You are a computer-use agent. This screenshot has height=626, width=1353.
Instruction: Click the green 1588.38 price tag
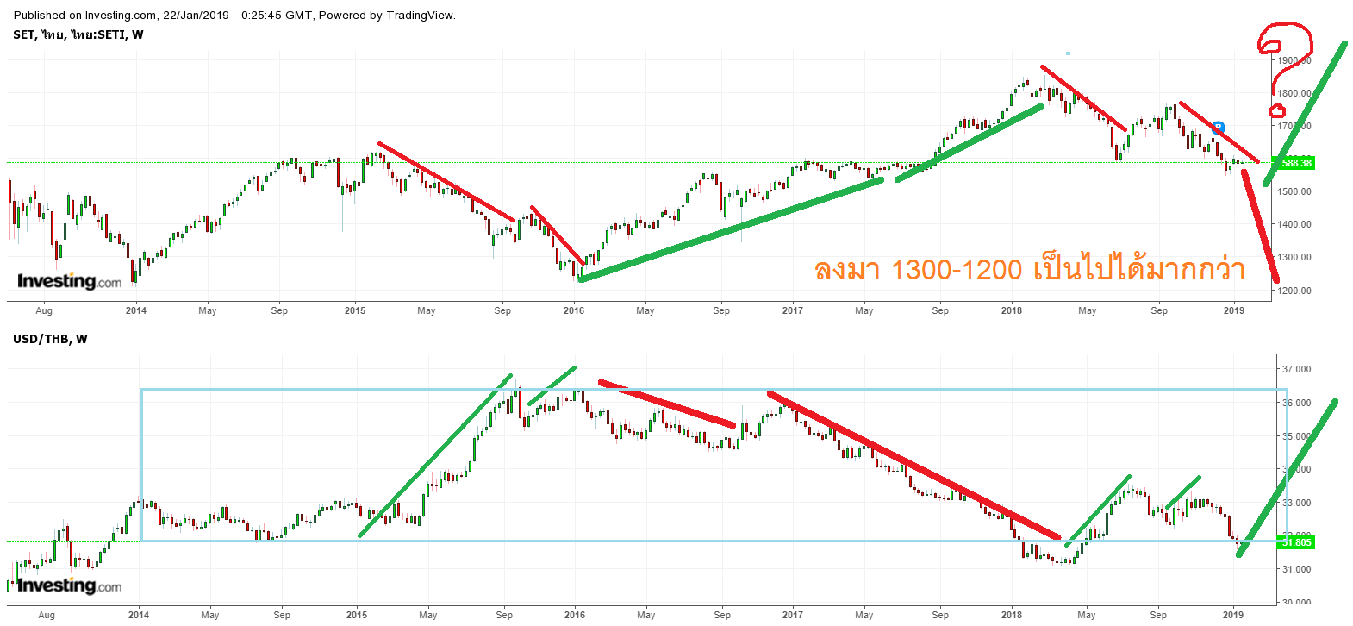[x=1295, y=163]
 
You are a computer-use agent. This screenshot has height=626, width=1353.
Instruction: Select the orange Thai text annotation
[x=1030, y=270]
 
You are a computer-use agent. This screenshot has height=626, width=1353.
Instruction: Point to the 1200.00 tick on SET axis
[x=1295, y=291]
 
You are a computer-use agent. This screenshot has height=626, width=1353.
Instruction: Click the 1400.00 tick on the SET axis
[x=1295, y=224]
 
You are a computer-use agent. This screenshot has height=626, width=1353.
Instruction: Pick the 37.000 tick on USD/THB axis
[x=1296, y=369]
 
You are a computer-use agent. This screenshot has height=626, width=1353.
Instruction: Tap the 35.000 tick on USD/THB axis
[x=1296, y=436]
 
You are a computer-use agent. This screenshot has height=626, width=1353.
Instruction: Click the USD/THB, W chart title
[x=50, y=339]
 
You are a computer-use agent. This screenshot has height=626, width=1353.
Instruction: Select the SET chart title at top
[x=78, y=34]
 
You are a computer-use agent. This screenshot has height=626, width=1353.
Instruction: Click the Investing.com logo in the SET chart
[x=69, y=281]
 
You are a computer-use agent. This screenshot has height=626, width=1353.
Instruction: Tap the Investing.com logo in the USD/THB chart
[x=69, y=585]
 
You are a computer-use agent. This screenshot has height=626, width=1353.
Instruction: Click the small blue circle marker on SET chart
[x=1218, y=128]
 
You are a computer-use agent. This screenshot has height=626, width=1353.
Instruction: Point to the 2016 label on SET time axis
[x=574, y=310]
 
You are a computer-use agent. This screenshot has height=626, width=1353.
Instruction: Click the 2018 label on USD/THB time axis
[x=1012, y=615]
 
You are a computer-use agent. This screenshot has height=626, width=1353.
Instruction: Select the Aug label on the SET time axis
[x=44, y=310]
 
